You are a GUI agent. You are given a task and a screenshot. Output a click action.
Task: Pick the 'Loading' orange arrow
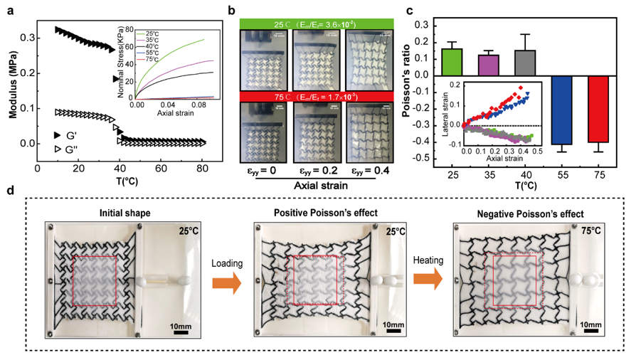227,284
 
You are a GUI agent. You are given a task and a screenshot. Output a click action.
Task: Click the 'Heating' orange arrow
431,284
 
